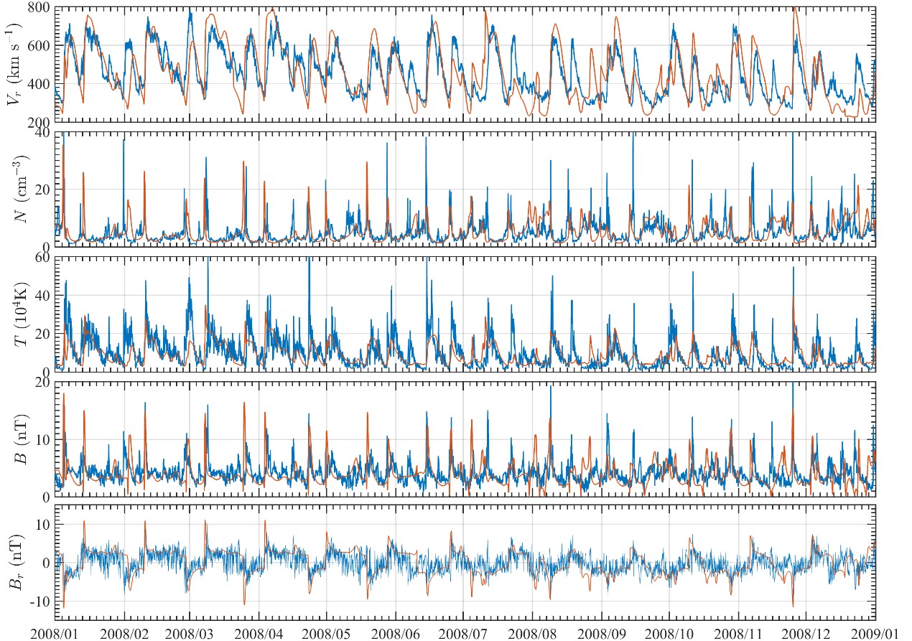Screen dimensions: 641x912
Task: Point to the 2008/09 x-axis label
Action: pos(600,633)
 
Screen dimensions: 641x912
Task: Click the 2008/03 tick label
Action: pos(190,633)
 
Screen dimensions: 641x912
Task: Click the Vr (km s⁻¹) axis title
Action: pos(14,64)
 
